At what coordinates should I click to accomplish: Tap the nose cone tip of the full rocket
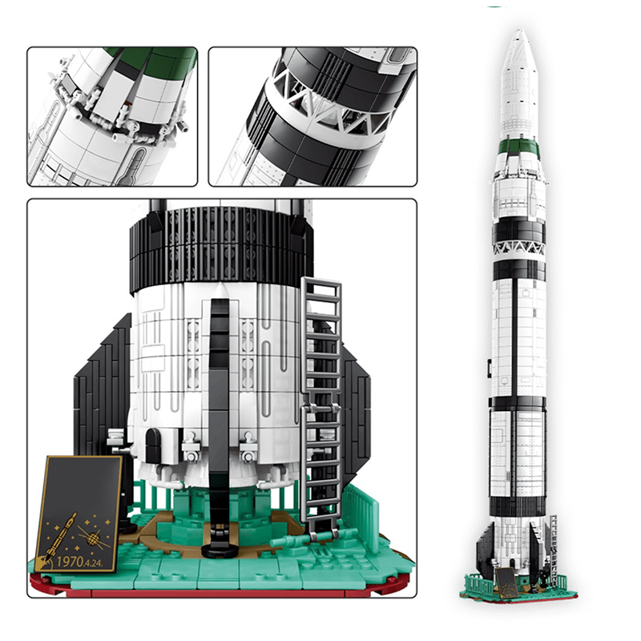click(519, 33)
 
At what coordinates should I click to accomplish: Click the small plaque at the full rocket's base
click(506, 580)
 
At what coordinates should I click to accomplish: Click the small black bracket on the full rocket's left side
click(490, 367)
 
